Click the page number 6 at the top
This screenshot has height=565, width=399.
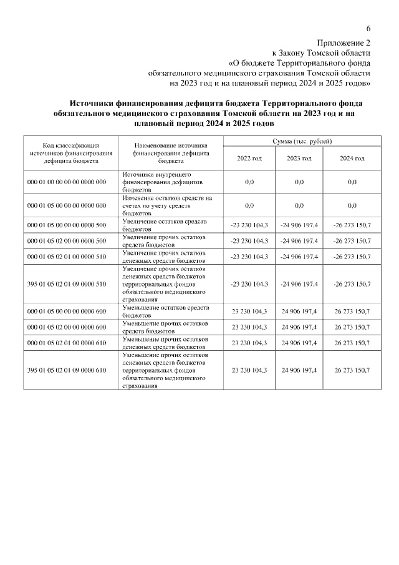pos(368,29)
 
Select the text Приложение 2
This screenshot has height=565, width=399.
pos(344,43)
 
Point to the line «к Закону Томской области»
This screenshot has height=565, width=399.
pos(321,53)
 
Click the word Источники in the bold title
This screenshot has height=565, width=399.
pos(95,103)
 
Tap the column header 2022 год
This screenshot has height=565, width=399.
pos(249,158)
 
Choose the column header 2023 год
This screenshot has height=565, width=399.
pos(299,158)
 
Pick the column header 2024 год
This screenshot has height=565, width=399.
pos(352,158)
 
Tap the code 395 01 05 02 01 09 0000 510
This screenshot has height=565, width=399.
pos(67,284)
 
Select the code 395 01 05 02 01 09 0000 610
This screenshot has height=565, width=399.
pos(67,370)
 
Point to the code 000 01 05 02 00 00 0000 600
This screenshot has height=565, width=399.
pos(67,327)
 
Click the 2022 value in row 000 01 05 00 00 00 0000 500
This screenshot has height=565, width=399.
pos(249,224)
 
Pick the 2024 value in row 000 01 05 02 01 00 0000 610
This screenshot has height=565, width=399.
pos(352,343)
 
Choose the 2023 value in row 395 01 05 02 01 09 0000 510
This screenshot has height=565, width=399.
pos(299,284)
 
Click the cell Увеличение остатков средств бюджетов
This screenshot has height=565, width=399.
pos(165,224)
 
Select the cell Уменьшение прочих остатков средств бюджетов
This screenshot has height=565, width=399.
pos(165,327)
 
